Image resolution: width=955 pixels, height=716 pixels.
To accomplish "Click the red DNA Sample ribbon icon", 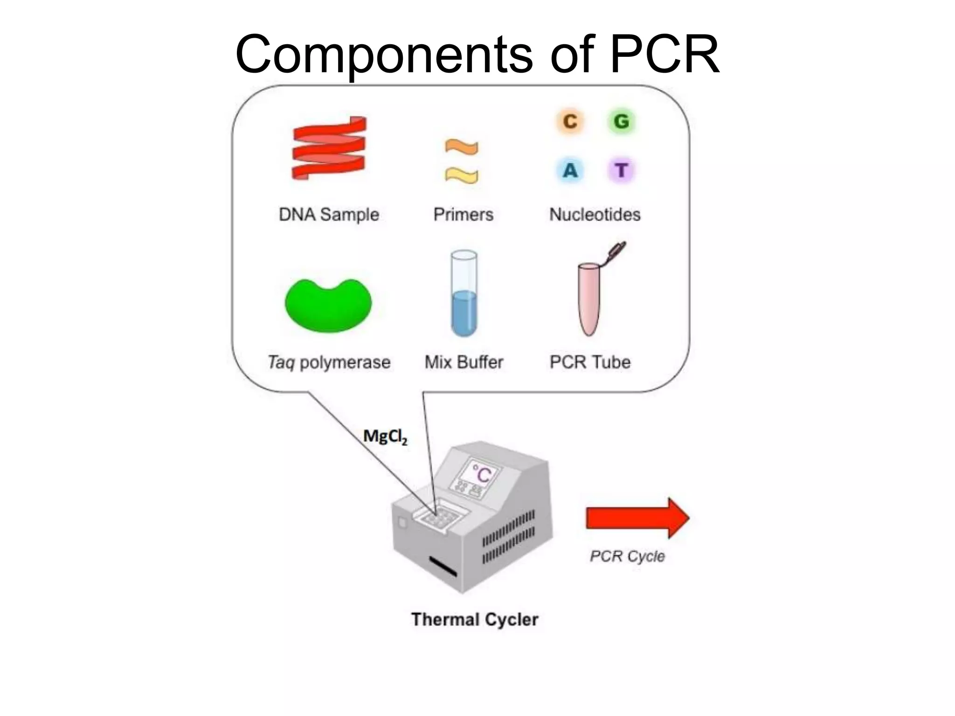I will point(329,148).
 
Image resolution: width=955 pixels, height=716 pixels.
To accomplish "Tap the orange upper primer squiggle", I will point(461,147).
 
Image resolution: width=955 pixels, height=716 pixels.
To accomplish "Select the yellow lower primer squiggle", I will point(461,175).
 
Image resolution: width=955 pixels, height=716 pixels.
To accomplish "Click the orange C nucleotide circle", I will point(570,122).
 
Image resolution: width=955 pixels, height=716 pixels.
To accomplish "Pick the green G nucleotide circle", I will point(621,122).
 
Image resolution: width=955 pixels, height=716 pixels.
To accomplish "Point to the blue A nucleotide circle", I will point(570,171).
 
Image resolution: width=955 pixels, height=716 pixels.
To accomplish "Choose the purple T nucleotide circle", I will point(621,171).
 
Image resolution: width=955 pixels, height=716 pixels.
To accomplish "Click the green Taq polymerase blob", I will point(329,305).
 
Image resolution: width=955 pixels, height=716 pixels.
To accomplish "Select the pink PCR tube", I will point(589,298).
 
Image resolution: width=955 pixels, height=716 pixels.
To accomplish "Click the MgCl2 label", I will point(385,437).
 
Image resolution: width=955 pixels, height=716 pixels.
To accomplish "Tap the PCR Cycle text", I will point(627,556).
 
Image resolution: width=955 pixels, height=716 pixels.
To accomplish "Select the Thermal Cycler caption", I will point(475,620).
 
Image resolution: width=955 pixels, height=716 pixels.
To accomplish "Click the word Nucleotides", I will point(595,215).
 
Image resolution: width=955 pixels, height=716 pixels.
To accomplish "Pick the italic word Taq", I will point(281,363).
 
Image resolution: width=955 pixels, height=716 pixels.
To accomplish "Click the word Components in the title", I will point(384,55).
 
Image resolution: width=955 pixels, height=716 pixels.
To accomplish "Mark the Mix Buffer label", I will point(464,362).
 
